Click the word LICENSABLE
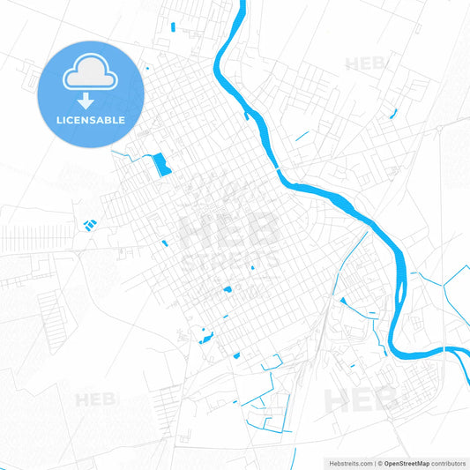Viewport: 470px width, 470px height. point(90,119)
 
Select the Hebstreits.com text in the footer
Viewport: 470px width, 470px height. point(347,462)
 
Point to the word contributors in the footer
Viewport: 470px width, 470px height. point(448,462)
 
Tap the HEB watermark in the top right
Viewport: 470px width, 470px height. point(365,64)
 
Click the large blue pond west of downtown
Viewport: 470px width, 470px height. point(160,164)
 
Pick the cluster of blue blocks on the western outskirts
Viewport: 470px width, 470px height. point(89,225)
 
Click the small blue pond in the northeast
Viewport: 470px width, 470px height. point(393,113)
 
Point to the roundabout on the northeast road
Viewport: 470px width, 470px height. point(438,130)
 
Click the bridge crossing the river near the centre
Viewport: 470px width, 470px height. point(278,168)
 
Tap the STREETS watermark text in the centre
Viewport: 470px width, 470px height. point(231,261)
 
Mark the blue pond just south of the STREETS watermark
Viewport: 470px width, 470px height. point(227,288)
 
